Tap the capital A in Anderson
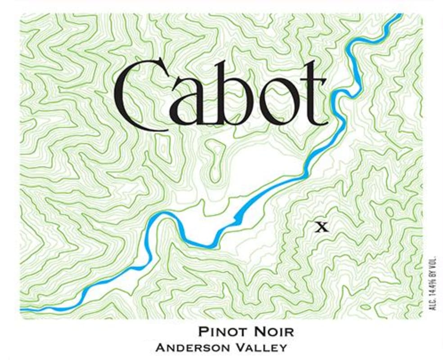tap(158, 348)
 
